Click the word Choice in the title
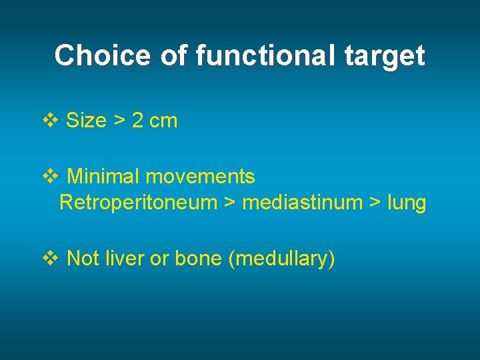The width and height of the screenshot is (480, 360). coord(103,55)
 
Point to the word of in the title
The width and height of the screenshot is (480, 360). coord(175,55)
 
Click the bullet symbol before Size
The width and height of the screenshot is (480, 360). coord(51,121)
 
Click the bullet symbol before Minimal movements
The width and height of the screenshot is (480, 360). coord(51,177)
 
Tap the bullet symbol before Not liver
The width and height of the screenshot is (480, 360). coord(51,258)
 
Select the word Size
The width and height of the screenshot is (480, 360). coord(87,121)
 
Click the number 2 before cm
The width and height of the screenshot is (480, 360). coord(138,121)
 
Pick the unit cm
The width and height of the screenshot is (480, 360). coord(163,121)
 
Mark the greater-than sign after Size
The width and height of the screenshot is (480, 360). coord(119,121)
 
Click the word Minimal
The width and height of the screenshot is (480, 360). coord(103,177)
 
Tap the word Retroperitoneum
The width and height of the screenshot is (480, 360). coord(138,203)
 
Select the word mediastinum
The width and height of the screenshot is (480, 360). coord(301,202)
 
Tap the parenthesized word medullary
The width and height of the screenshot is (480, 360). coord(281,259)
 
